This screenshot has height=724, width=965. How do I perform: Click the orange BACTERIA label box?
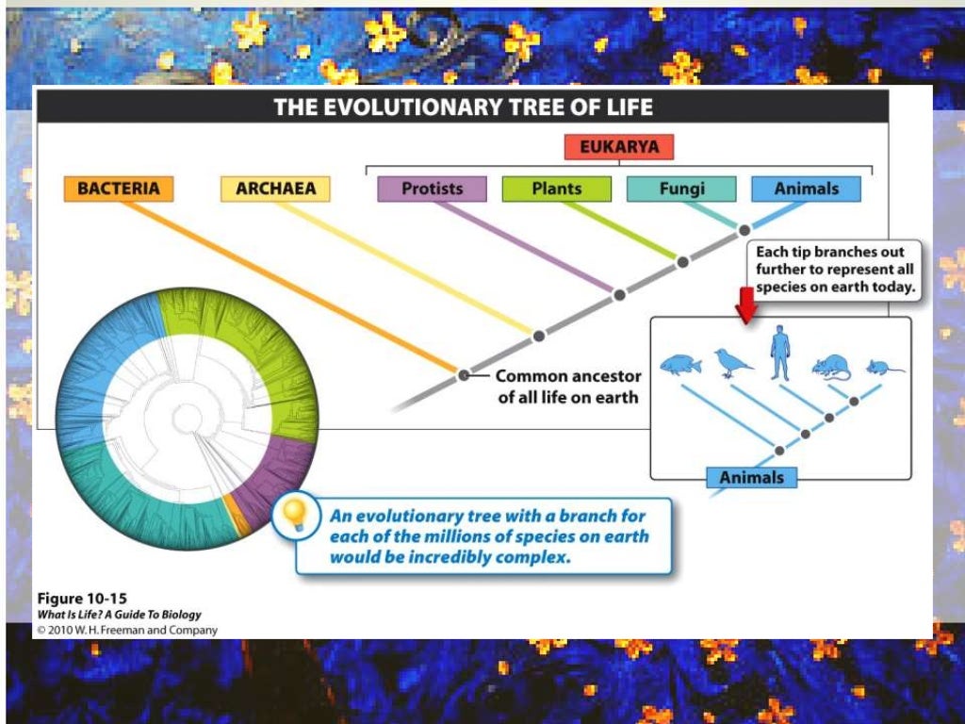coord(119,189)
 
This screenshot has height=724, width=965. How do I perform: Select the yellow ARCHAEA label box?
coord(275,189)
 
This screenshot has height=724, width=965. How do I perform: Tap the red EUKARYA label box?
coord(619,147)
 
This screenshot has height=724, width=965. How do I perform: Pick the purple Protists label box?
coord(432,189)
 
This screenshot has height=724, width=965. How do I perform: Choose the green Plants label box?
coord(556,189)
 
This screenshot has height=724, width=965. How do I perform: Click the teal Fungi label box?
coord(681,189)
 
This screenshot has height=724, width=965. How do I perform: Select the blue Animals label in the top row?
coord(806,189)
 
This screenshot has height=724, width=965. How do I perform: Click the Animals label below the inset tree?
coord(751,477)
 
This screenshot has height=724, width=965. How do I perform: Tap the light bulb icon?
coord(295,516)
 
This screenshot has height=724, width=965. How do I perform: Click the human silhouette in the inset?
coord(779,353)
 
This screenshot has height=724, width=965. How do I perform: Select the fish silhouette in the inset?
coord(680,364)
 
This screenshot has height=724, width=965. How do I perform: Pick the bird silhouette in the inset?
coord(732,362)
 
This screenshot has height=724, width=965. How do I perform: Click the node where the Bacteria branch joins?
coord(464,375)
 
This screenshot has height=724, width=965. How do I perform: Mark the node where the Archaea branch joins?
coord(539,335)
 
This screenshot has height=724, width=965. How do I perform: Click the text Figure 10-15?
coord(81,599)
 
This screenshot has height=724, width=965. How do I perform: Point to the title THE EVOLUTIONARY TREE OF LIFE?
coord(463,107)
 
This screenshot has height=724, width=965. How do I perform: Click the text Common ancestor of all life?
coord(567,387)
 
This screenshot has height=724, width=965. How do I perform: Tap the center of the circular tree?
coord(185,414)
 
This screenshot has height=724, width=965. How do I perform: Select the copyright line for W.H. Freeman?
coord(126,630)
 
